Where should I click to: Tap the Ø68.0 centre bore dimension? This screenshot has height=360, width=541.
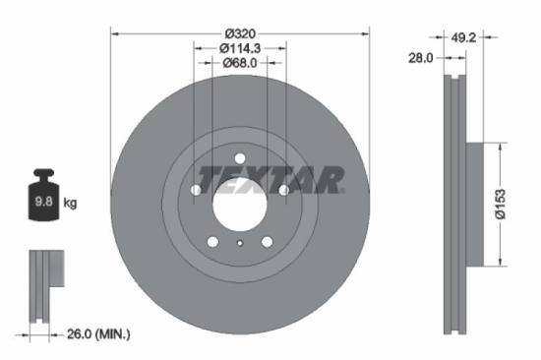coord(239,63)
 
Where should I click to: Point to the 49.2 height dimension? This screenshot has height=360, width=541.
coord(462,39)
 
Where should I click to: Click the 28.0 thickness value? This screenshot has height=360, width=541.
coord(422,59)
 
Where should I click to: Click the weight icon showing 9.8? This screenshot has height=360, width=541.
coord(43,200)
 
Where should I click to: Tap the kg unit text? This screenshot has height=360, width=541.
coord(71,204)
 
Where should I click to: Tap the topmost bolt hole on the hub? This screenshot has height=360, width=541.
coord(239,157)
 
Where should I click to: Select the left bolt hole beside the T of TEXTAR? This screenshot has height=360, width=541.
coord(196,189)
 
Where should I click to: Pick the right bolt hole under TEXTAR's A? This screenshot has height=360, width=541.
coord(283,189)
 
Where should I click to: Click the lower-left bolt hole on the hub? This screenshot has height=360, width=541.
coord(212,241)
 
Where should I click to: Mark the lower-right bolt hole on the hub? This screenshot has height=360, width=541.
coord(267,241)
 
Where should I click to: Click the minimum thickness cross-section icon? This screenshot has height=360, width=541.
coord(40,285)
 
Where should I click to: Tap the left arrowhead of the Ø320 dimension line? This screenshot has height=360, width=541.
coord(115,33)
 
